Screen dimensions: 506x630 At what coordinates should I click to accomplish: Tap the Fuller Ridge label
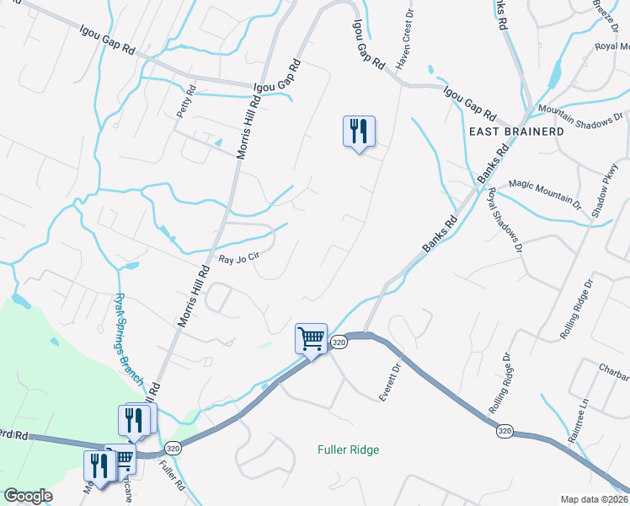[348, 449]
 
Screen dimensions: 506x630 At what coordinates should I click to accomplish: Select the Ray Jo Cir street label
[238, 261]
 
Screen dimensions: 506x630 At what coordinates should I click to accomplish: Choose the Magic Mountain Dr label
[545, 194]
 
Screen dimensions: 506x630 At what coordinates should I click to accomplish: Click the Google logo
[28, 496]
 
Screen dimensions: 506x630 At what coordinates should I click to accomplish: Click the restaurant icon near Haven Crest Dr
[359, 131]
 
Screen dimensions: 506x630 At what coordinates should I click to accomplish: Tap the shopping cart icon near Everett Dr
[311, 339]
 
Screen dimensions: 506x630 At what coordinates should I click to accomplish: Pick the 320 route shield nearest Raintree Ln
[504, 431]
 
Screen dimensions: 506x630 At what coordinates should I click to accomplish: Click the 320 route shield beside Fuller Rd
[173, 447]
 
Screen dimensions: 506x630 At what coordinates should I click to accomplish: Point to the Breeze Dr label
[604, 13]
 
